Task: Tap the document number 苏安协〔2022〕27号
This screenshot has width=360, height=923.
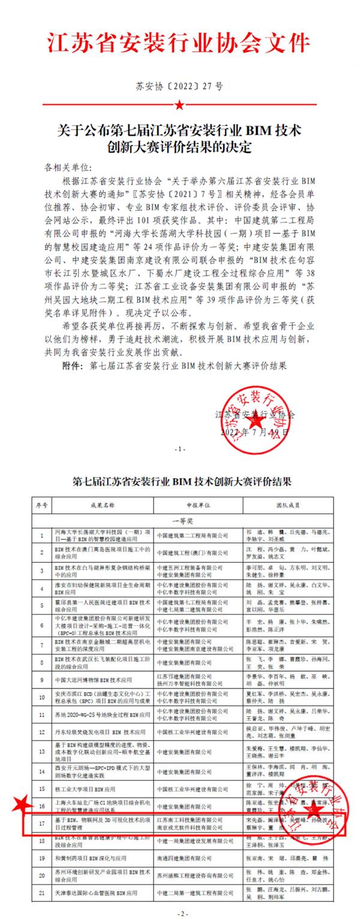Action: pos(179,86)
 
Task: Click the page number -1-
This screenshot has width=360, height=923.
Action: pos(179,449)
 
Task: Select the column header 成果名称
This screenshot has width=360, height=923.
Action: pos(100,506)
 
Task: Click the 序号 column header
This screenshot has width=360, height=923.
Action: pos(41,506)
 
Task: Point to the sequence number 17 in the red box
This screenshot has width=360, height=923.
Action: pos(41,823)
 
